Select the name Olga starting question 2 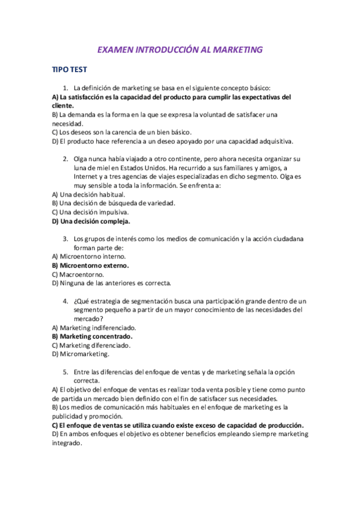click(81, 159)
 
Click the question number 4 click(65, 301)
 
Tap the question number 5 click(65, 372)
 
